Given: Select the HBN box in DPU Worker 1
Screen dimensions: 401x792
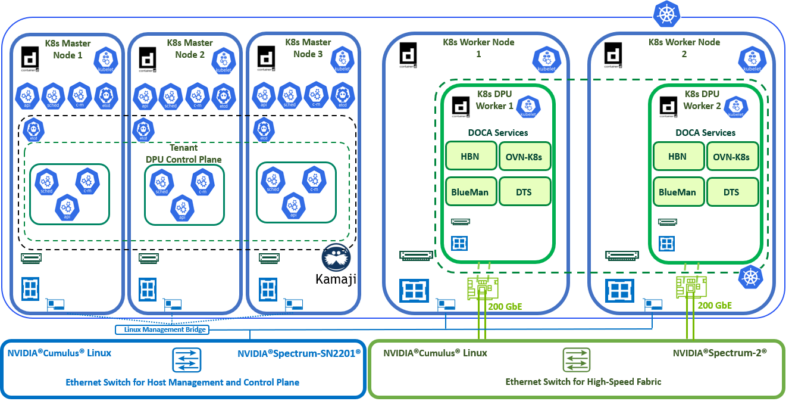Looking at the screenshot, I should (470, 157).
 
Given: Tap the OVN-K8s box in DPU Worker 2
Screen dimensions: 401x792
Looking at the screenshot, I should (731, 157).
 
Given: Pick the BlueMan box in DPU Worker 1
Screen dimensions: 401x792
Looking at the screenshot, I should (470, 192).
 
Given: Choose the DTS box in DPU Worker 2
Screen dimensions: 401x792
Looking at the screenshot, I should (731, 192).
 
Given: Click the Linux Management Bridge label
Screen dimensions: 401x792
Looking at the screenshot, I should (162, 329).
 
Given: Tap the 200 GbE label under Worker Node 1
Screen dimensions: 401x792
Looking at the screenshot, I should (506, 307).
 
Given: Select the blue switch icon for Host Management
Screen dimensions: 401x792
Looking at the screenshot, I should (188, 360).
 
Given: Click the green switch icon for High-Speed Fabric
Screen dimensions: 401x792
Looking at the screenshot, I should (577, 360).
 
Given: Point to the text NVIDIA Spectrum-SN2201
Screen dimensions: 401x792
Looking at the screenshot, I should (299, 353).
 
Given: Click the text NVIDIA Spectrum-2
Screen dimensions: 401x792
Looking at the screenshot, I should (719, 353).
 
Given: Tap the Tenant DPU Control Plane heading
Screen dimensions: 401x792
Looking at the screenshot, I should (184, 153).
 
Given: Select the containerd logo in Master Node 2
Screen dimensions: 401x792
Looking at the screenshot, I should (148, 59).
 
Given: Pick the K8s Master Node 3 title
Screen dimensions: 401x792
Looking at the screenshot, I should (308, 48).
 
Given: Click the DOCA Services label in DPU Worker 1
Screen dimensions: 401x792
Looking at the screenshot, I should (497, 133).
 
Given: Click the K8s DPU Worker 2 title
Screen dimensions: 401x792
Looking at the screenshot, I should (702, 100).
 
